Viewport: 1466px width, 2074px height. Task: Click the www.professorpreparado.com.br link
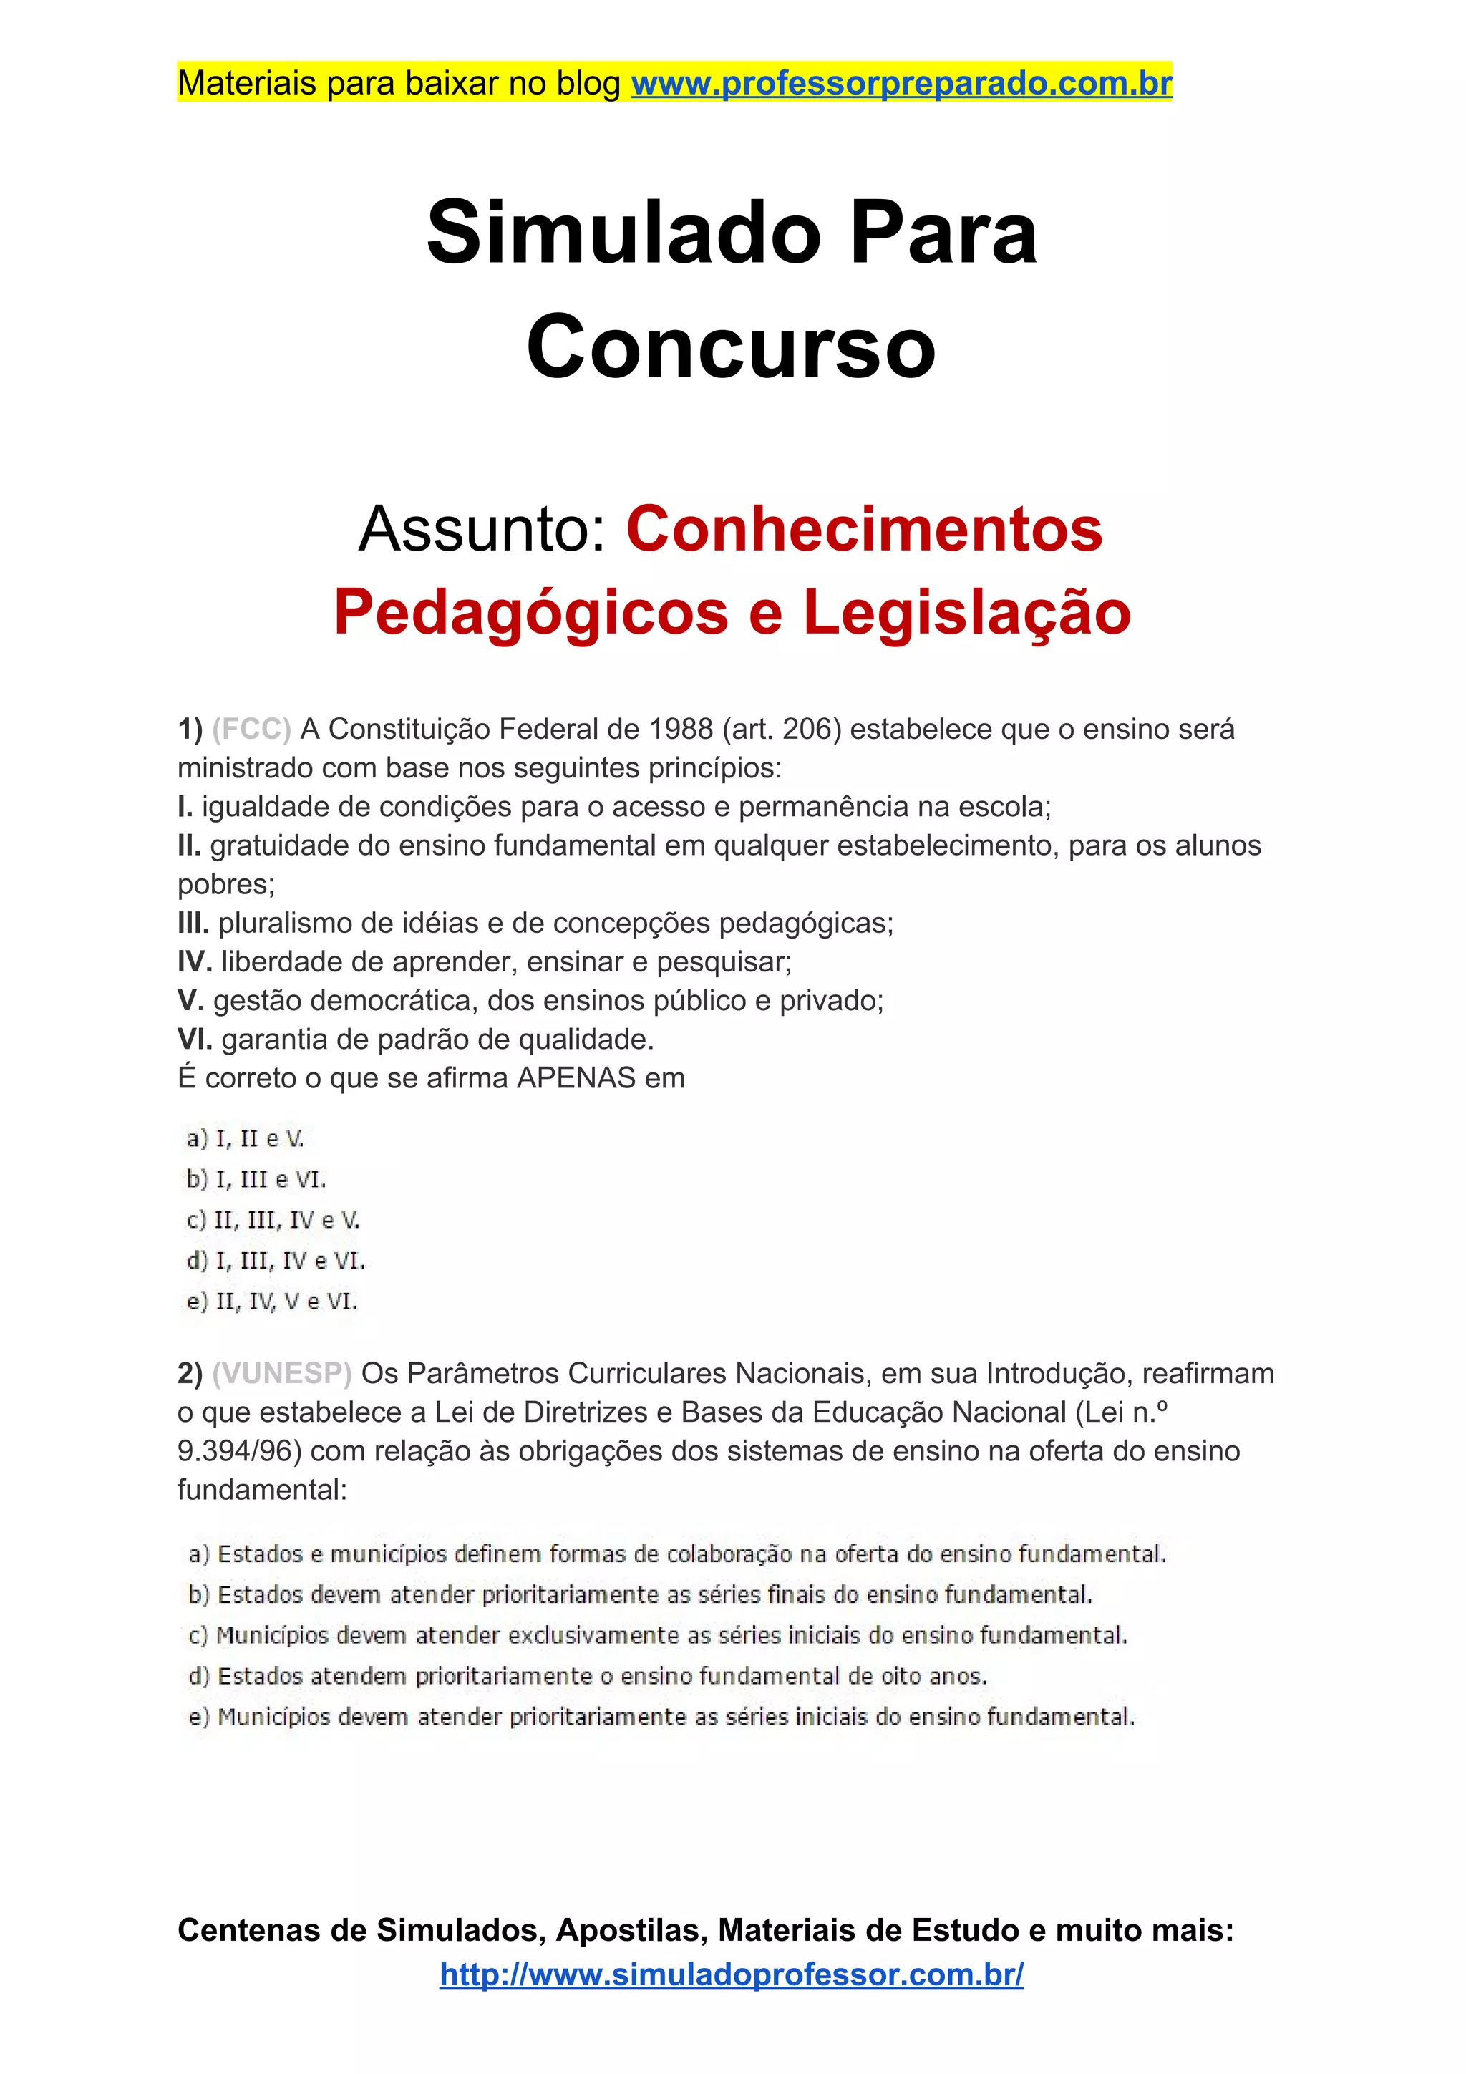click(901, 83)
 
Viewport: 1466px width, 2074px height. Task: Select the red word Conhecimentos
click(865, 528)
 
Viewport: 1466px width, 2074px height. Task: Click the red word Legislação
click(966, 612)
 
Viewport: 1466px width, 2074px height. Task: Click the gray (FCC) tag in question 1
click(251, 729)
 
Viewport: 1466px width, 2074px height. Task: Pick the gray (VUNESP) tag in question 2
click(282, 1373)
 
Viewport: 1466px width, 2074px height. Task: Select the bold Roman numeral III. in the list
click(193, 924)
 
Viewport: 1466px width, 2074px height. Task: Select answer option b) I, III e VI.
click(256, 1180)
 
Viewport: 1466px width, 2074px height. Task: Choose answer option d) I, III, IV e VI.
click(276, 1261)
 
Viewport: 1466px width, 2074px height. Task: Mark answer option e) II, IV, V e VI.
click(272, 1302)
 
